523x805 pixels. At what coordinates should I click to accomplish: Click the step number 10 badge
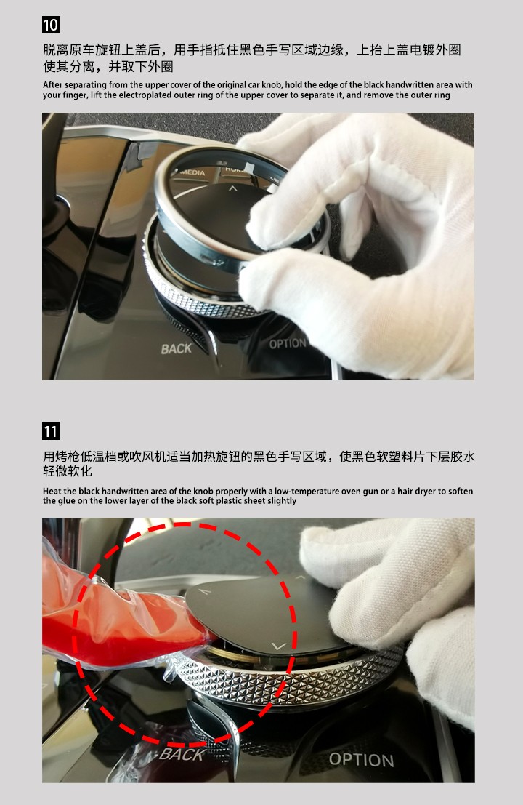(x=51, y=25)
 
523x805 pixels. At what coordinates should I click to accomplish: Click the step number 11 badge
(x=51, y=431)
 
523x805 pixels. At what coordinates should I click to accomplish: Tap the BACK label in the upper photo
(x=176, y=349)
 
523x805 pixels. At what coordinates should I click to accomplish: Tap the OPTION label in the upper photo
(x=288, y=343)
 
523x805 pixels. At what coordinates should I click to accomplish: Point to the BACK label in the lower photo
(x=182, y=754)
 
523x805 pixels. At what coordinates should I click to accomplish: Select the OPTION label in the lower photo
(x=362, y=760)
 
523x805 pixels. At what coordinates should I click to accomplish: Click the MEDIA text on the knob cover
(x=192, y=172)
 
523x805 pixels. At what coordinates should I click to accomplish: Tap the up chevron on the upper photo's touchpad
(x=233, y=189)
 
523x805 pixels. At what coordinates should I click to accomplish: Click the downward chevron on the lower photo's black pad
(x=279, y=646)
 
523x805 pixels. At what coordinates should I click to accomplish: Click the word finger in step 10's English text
(x=74, y=95)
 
